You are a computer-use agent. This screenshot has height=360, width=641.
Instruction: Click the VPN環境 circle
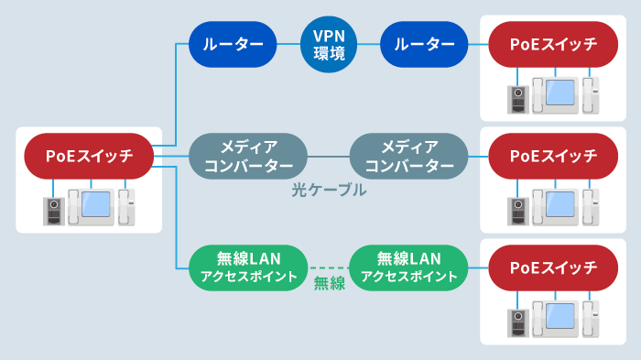(329, 43)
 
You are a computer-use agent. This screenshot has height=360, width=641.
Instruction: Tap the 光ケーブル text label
(329, 191)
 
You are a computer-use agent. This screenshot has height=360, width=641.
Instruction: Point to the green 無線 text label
(329, 283)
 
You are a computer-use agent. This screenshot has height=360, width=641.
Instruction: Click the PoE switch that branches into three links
(90, 157)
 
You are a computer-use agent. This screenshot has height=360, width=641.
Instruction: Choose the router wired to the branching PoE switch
(233, 43)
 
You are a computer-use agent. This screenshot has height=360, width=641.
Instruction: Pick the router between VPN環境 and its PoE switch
(424, 43)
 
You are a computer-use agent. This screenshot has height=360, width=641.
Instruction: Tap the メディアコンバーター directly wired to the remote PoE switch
(409, 156)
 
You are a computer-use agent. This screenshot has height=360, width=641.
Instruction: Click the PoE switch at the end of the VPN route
(552, 43)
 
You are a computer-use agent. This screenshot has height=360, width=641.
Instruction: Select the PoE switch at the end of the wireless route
(552, 268)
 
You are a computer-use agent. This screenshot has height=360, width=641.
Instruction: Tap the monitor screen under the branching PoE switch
(95, 206)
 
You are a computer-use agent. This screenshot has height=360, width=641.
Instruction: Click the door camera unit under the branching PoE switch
(54, 212)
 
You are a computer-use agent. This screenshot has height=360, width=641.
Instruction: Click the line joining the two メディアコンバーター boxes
(328, 156)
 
